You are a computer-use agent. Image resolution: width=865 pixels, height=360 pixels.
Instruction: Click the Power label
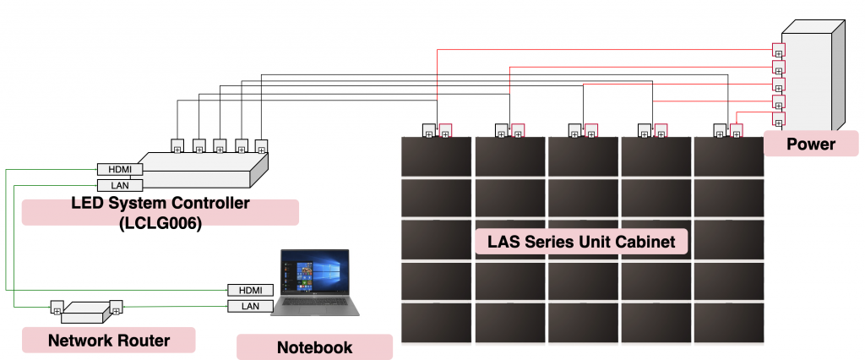810,144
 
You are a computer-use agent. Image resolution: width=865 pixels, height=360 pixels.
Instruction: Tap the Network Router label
108,341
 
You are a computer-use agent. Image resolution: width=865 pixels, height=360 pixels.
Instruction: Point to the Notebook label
314,347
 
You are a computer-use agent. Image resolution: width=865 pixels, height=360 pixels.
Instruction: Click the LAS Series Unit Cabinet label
582,243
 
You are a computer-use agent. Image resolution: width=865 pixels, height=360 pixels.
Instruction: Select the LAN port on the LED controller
120,185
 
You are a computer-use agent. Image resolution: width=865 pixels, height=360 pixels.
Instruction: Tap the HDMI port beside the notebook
250,290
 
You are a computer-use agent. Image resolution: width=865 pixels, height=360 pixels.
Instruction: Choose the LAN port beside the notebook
250,306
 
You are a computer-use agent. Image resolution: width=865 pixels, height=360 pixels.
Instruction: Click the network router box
84,312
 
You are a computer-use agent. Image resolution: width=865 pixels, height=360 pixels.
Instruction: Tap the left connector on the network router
57,306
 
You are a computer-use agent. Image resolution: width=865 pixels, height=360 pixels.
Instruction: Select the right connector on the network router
117,306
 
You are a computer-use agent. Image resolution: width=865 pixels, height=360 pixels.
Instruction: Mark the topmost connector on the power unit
779,49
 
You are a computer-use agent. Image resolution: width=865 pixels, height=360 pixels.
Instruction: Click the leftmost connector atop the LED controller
178,145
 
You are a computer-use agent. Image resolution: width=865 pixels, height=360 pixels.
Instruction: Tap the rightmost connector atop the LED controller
261,145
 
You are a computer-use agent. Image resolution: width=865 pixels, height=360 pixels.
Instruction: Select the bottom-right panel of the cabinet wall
729,322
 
